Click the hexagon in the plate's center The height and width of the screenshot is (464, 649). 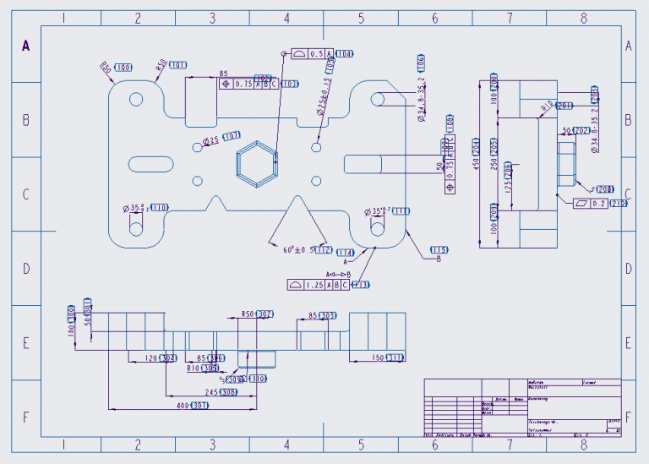256,164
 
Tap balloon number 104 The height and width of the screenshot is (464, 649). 344,53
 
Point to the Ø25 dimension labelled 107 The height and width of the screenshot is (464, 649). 210,139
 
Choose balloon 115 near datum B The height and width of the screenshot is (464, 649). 439,249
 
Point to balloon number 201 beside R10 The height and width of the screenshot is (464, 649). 565,106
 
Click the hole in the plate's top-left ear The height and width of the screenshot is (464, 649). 135,100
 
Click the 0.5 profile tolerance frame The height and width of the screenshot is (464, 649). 313,53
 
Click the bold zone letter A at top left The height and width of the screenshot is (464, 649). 25,46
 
